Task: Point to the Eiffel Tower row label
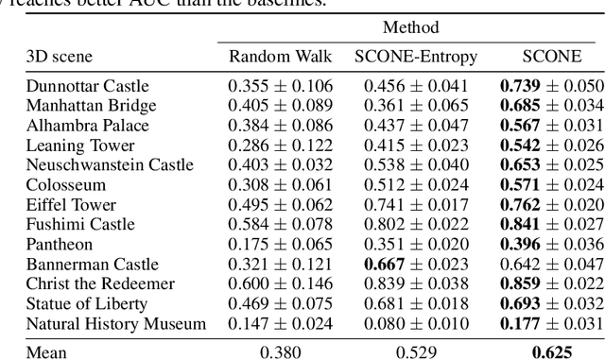click(x=72, y=205)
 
